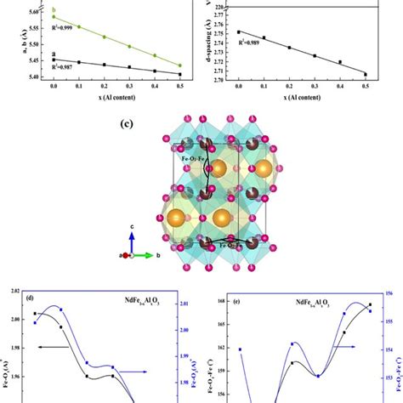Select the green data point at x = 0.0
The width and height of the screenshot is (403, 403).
(53, 17)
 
